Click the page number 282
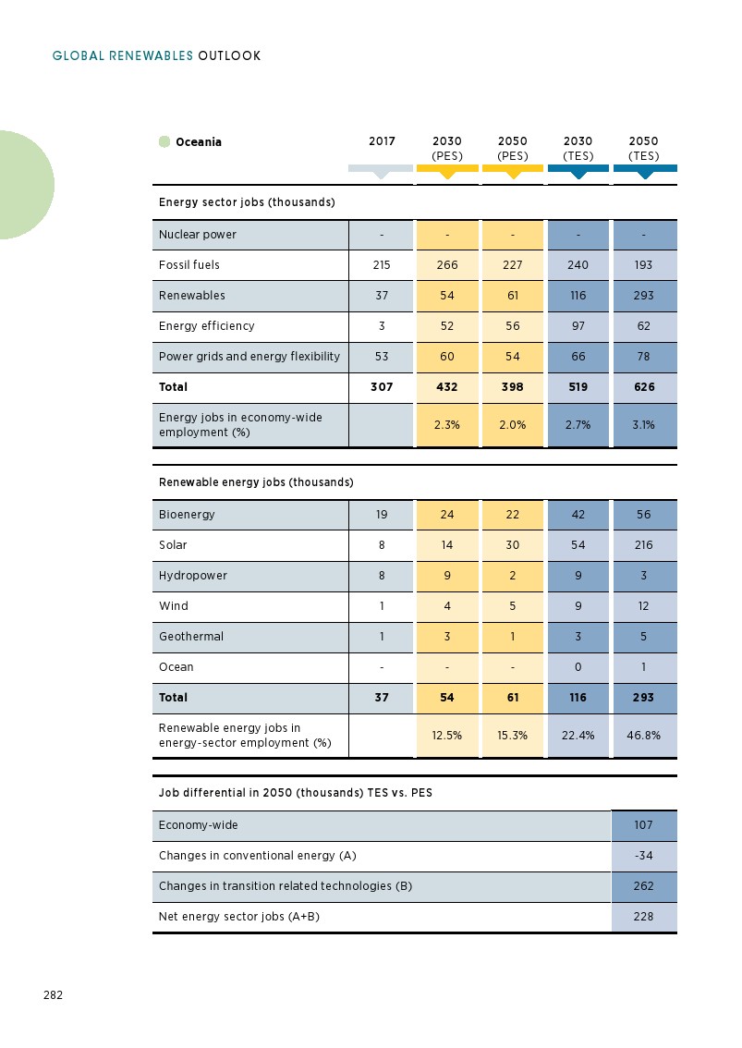click(53, 995)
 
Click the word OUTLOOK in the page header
click(229, 56)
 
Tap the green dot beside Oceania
click(164, 142)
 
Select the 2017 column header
click(382, 142)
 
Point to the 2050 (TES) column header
click(644, 149)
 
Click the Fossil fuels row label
click(189, 265)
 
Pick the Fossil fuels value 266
click(447, 265)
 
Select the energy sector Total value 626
click(644, 387)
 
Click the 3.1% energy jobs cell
click(644, 425)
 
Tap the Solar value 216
click(644, 545)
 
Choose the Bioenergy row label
click(187, 515)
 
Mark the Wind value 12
click(644, 606)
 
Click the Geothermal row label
click(191, 637)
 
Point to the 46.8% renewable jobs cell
click(644, 736)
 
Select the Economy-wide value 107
click(644, 825)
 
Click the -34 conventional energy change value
click(644, 856)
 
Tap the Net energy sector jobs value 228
click(644, 917)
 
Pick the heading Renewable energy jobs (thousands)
click(256, 482)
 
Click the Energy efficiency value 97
click(578, 326)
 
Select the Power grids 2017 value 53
click(382, 357)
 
